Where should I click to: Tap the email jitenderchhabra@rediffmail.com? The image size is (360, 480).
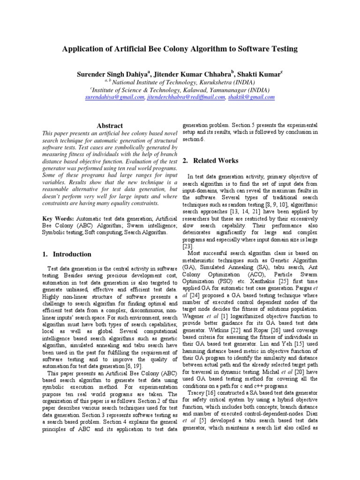186,97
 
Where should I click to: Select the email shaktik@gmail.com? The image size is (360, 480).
252,97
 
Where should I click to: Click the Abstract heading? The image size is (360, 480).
109,126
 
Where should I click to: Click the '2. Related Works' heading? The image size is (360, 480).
210,161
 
